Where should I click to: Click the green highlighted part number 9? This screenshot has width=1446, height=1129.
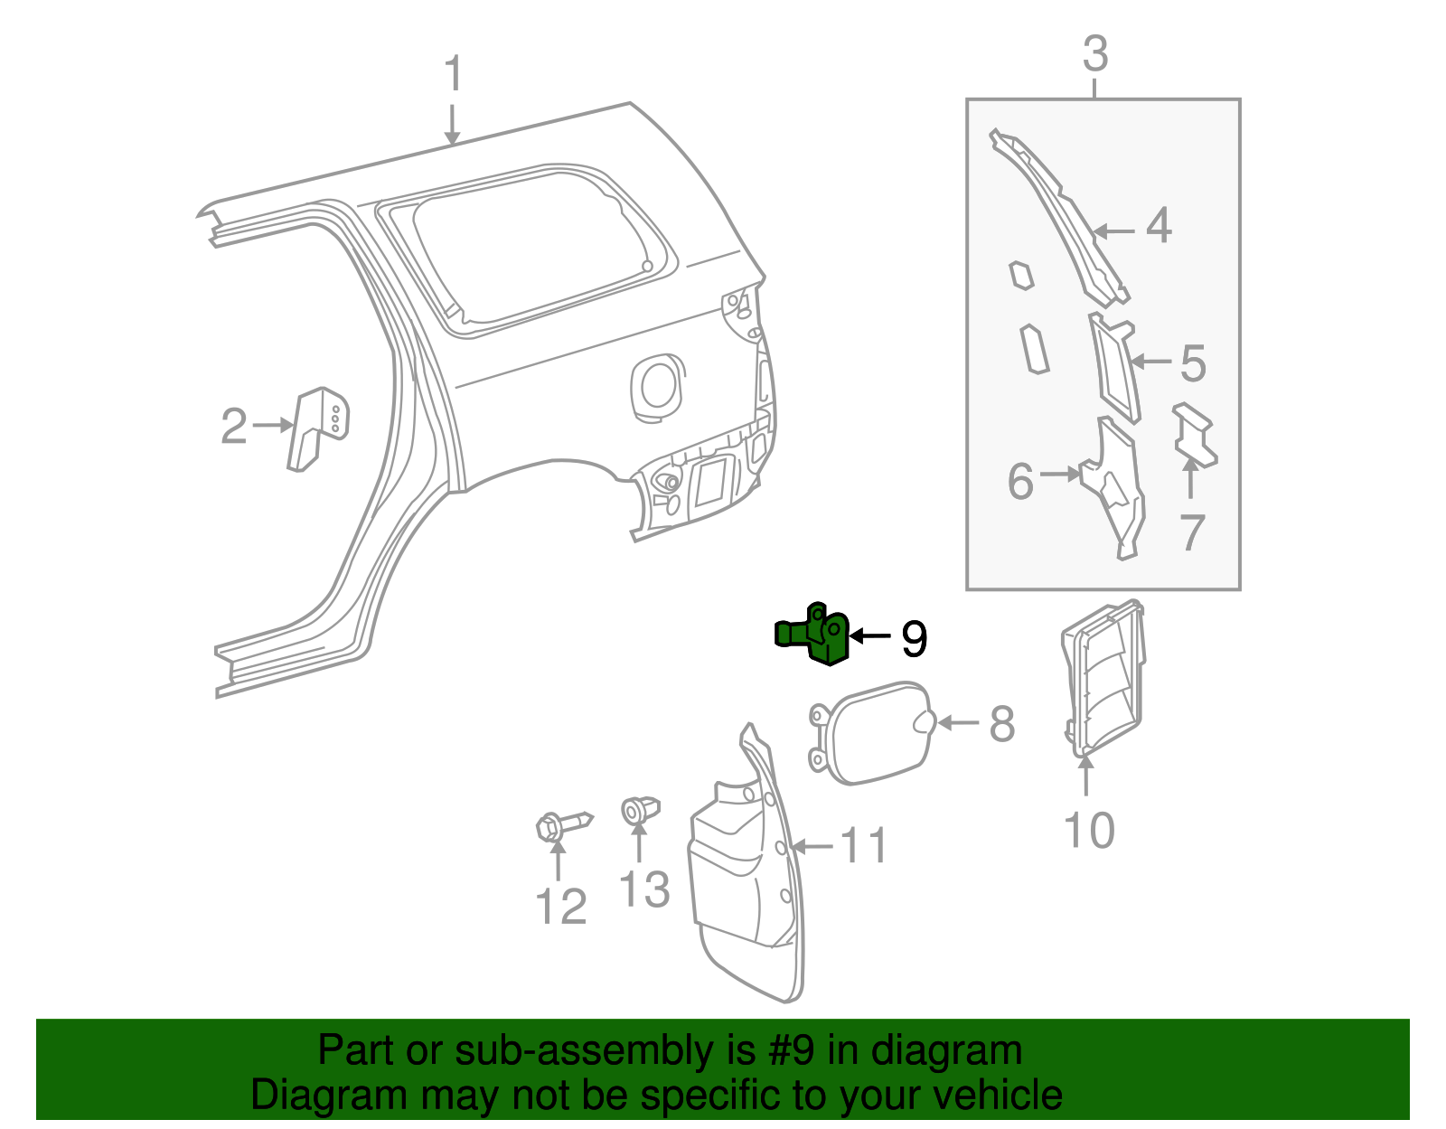[x=816, y=635]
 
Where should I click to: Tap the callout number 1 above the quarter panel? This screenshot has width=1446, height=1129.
[x=453, y=74]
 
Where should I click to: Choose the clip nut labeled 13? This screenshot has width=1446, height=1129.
[x=639, y=809]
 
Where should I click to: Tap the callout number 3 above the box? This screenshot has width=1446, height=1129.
[x=1094, y=54]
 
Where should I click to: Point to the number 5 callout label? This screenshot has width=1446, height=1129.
[x=1192, y=362]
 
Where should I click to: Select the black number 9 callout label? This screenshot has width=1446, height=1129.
[x=914, y=639]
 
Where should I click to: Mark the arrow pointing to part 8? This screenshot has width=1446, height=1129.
[x=960, y=723]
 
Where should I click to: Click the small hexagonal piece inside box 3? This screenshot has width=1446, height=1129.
[x=1020, y=275]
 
